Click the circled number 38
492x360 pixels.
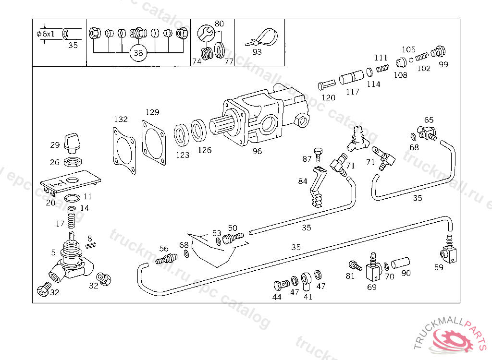click(138, 53)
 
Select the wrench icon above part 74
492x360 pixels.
click(206, 33)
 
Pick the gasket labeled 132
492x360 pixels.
click(124, 150)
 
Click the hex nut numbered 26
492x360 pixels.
click(73, 162)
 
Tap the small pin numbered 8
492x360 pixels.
click(91, 246)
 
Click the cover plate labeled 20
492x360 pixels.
click(71, 182)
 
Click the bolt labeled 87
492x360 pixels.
click(318, 155)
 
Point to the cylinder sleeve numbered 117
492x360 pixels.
click(351, 77)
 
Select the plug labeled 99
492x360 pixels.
click(438, 51)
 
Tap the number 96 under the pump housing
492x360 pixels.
click(258, 151)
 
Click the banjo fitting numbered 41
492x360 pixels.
click(306, 281)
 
